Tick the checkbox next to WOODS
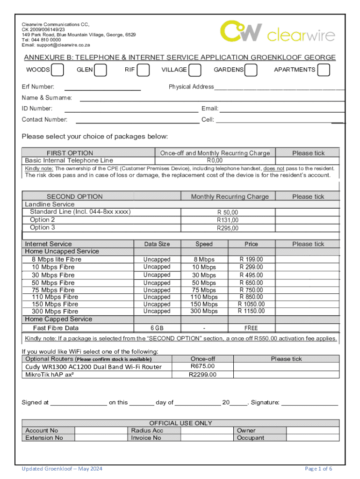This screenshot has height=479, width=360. click(58, 70)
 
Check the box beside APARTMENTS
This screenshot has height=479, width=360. click(323, 70)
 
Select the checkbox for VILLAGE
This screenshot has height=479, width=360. click(195, 70)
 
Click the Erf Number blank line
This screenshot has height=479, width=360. click(102, 87)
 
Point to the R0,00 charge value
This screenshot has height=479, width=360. click(215, 160)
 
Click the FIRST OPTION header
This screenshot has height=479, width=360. click(70, 153)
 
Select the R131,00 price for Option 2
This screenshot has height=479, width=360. click(227, 220)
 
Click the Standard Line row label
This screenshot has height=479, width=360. click(80, 212)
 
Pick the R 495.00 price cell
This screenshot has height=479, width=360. click(251, 275)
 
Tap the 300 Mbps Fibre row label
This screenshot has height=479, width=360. click(55, 311)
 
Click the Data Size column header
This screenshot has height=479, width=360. click(157, 244)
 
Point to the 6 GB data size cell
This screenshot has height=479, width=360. click(157, 328)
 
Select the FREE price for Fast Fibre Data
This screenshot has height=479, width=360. click(251, 328)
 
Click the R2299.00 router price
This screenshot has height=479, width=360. click(202, 374)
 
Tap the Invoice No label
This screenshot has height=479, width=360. click(146, 438)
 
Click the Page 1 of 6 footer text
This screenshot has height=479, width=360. click(318, 469)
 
